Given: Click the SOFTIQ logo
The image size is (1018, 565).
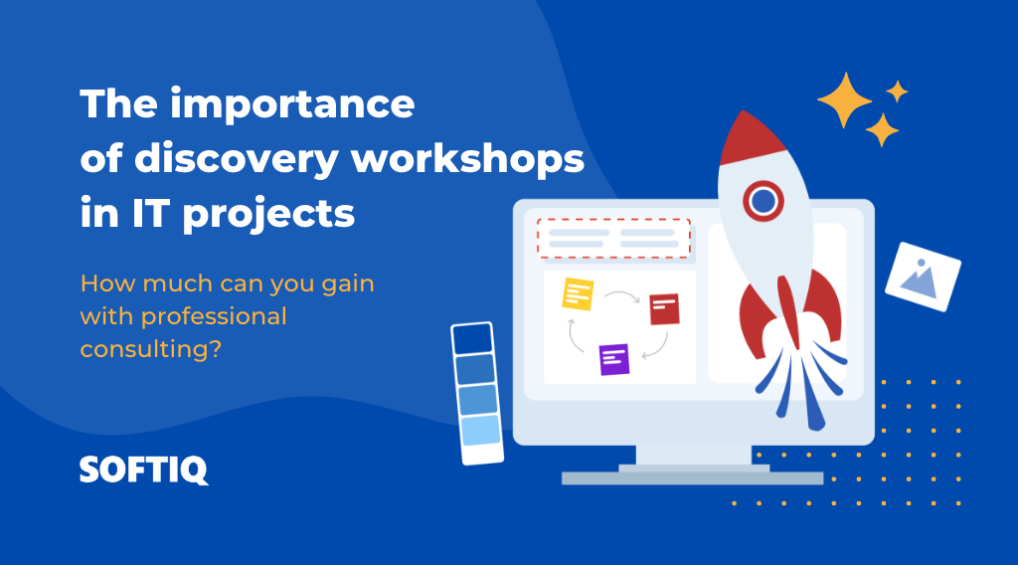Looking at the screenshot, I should (144, 470).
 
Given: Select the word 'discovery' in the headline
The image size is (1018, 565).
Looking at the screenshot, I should (235, 159).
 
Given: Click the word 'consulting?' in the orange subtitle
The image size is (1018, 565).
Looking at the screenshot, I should (150, 349).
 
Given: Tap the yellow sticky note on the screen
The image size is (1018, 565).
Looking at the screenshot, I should (578, 294).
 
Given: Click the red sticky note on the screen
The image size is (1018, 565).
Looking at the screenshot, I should (663, 308).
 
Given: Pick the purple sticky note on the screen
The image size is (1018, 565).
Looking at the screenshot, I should (614, 358).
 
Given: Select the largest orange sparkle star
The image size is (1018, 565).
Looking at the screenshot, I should (844, 99).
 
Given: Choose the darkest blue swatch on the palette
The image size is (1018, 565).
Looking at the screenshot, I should (472, 339).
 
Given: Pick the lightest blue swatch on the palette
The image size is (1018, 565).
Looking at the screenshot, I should (480, 430).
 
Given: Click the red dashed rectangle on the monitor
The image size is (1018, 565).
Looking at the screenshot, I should (613, 239).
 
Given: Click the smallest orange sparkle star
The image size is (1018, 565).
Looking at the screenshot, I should (897, 92).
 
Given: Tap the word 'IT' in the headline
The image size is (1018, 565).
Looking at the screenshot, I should (144, 214).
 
